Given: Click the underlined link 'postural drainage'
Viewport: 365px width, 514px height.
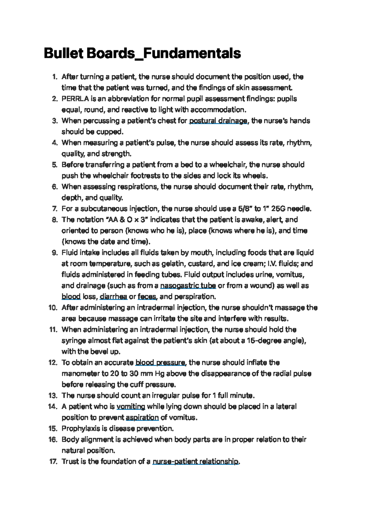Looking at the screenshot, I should tap(218, 121).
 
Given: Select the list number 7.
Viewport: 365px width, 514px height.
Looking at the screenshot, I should tap(55, 209).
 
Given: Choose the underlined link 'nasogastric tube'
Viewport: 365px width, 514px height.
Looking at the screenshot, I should tap(188, 286).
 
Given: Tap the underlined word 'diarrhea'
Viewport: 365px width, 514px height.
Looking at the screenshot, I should tap(113, 296).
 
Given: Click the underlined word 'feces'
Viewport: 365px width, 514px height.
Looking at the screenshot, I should tap(147, 296).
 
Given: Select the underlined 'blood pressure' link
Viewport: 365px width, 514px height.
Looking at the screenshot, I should tap(160, 362).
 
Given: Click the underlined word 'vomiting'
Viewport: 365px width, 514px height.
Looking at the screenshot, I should tap(131, 406).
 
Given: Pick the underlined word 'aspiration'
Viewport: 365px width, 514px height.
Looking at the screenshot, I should tap(142, 417).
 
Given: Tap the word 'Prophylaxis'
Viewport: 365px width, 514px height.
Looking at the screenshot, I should tap(81, 428).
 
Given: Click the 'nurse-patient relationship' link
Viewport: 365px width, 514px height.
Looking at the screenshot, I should tap(196, 461).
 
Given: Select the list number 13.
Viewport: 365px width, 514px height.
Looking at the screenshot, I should tap(53, 396).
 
